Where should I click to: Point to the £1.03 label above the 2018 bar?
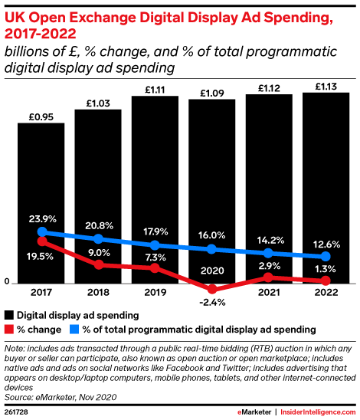(x=98, y=103)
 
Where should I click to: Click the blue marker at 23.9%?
(x=41, y=231)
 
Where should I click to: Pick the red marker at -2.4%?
(x=212, y=290)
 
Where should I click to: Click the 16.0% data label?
(x=212, y=235)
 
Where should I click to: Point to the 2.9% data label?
(x=269, y=264)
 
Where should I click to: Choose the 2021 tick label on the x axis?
(x=269, y=292)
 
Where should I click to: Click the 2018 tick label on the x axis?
(x=98, y=292)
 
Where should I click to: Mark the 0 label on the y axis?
(x=7, y=283)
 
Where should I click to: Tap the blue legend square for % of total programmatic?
(x=75, y=329)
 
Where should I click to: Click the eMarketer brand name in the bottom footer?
(x=252, y=412)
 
